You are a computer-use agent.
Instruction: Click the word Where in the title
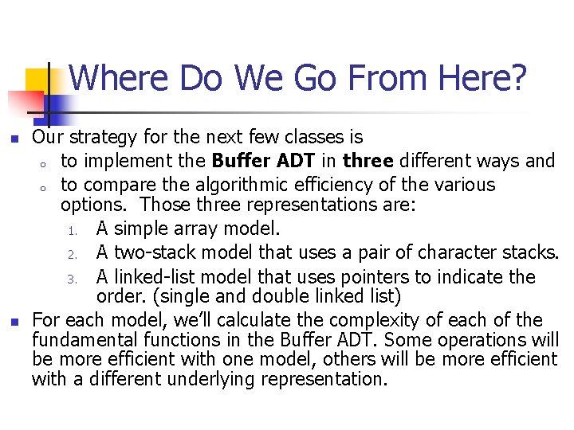coord(120,79)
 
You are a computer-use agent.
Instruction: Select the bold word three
coord(368,161)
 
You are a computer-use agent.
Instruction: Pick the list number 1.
coord(71,230)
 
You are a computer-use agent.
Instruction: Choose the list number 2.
coord(71,254)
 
